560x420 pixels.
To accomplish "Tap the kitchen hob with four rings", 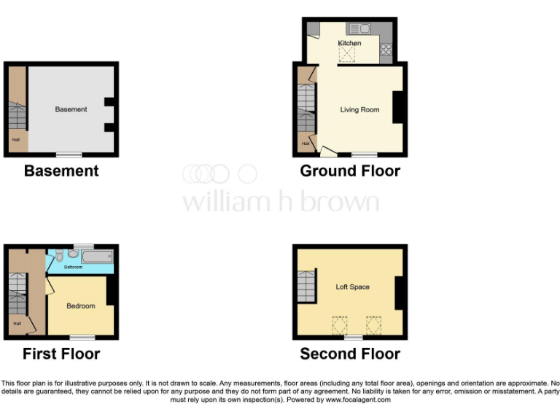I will click(x=386, y=50).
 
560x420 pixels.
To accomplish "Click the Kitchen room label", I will click(x=349, y=43).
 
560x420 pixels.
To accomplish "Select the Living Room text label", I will click(x=359, y=109).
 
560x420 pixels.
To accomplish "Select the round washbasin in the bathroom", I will click(x=71, y=254).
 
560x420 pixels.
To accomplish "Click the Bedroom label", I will click(x=81, y=306).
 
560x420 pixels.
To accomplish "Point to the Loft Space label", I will click(x=352, y=287).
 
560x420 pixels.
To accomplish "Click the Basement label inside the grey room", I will click(x=71, y=109).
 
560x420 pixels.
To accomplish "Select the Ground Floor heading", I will click(x=350, y=171).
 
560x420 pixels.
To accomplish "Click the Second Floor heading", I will click(x=350, y=354).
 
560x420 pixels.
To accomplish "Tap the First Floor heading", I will click(x=61, y=354).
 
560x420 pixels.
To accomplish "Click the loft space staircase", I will click(x=307, y=287).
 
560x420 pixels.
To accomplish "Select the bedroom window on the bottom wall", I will click(x=82, y=337).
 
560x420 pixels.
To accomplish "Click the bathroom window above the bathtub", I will click(x=84, y=245).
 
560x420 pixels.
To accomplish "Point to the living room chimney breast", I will click(x=399, y=107).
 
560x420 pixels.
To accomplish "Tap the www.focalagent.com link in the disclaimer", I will click(x=357, y=400).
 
